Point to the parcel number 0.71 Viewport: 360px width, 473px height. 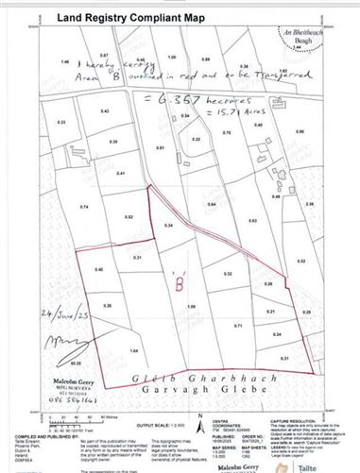(x=238, y=325)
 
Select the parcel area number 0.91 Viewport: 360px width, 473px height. (x=161, y=148)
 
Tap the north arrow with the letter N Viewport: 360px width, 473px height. (x=194, y=415)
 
